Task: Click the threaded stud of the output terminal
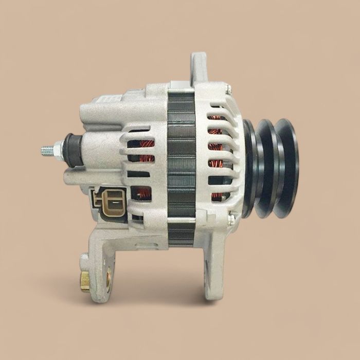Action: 48,150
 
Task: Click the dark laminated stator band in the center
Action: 182,165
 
